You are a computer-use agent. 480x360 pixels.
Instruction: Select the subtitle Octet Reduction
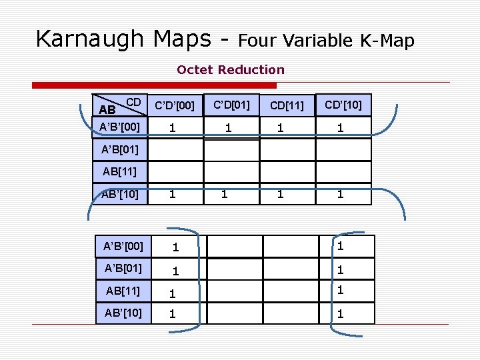[x=230, y=69]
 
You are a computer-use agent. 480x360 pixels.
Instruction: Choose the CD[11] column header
[x=287, y=105]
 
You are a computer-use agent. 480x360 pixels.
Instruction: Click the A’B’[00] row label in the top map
[x=119, y=127]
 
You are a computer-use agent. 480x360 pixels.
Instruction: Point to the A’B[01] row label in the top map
[x=120, y=149]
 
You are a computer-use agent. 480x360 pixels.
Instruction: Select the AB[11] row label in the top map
[x=120, y=171]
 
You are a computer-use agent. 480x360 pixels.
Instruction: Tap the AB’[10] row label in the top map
[x=120, y=194]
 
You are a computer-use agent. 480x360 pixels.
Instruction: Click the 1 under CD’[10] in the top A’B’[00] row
[x=341, y=127]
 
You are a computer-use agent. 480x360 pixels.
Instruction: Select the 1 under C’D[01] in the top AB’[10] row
[x=225, y=195]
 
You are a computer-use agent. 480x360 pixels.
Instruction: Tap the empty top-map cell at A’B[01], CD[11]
[x=287, y=150]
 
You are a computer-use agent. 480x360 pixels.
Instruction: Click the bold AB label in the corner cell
[x=107, y=109]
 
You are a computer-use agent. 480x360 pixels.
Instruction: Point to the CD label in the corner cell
[x=133, y=101]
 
